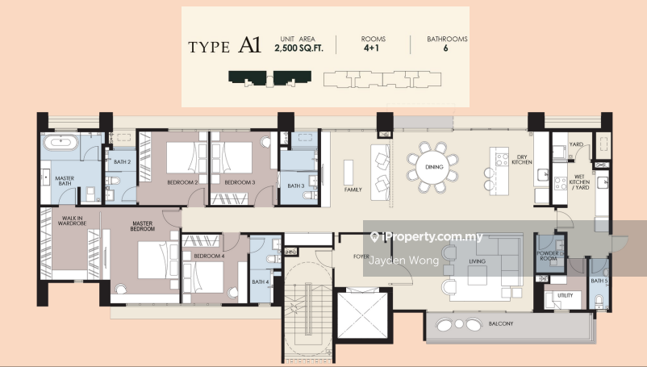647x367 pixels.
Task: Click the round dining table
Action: (x=434, y=167)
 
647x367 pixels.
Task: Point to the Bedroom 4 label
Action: (x=209, y=256)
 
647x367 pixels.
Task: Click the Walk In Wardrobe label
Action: (x=73, y=221)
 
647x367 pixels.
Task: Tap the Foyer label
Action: (x=361, y=256)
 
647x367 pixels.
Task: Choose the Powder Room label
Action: (x=549, y=256)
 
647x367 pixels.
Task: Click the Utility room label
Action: (x=566, y=295)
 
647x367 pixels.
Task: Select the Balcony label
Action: (x=501, y=323)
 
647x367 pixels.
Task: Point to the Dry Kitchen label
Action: (x=522, y=160)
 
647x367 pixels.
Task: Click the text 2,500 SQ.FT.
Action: (x=299, y=48)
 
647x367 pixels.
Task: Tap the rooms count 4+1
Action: (x=371, y=48)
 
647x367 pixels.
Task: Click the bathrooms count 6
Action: (x=445, y=48)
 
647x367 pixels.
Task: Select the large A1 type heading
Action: (x=250, y=45)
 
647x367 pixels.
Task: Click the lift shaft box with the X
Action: (x=363, y=315)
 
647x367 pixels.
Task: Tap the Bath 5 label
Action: (x=599, y=281)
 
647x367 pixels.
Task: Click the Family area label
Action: (x=353, y=190)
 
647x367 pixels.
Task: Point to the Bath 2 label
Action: (x=122, y=162)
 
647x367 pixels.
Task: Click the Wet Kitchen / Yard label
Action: (x=580, y=181)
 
